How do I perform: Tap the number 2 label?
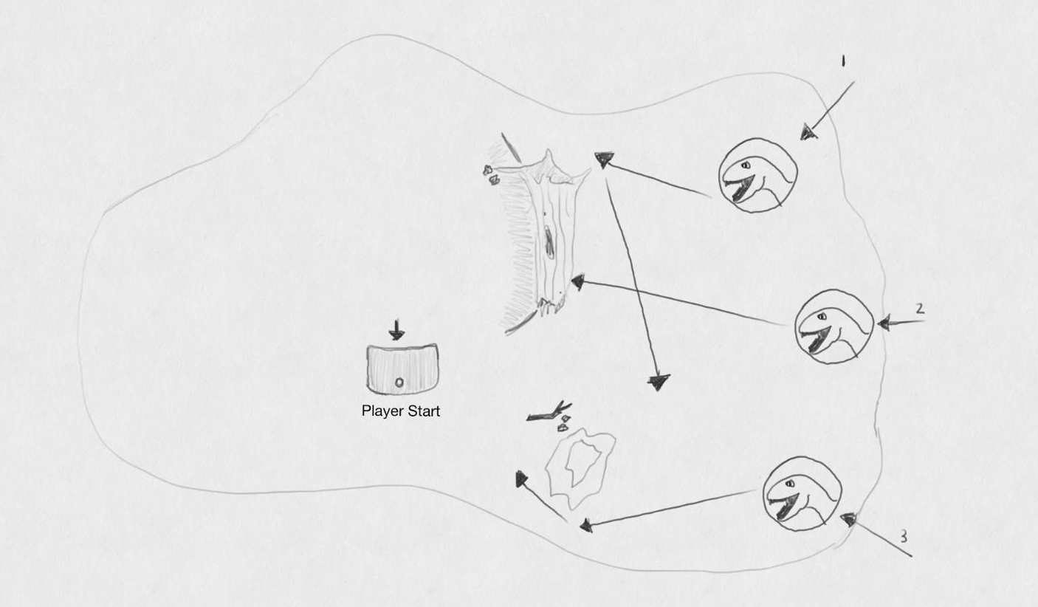tap(920, 309)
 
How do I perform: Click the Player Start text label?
tap(401, 411)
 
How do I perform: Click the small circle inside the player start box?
tap(399, 382)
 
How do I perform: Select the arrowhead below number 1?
tap(809, 132)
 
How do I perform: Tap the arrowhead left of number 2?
tap(884, 323)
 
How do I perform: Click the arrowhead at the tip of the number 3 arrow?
tap(848, 520)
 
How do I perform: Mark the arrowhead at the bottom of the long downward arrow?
tap(659, 381)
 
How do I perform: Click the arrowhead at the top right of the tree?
tap(604, 158)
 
